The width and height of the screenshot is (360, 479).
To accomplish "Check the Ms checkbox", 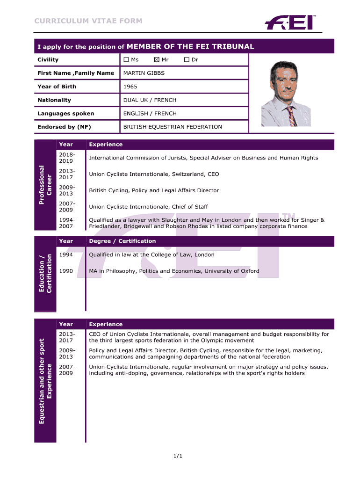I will coord(126,60).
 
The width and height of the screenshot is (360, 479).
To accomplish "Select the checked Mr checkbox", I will coord(157,60).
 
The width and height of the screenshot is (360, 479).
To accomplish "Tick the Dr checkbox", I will coord(187,60).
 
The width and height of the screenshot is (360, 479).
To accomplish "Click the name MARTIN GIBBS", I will coord(144,73).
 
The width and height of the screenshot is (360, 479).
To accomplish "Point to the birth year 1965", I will coord(130,87).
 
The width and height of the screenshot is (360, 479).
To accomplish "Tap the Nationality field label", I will coord(54,100).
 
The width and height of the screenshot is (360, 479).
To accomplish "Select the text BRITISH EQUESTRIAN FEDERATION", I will coord(173,127).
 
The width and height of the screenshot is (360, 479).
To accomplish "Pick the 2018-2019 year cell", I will coord(66,158).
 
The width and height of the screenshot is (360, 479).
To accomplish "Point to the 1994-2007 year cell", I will coord(66,223).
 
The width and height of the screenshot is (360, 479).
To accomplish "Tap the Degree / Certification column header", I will coord(122,241).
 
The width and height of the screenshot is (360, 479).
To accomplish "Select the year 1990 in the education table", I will coord(66,271).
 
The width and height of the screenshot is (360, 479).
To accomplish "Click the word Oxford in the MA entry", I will coord(247,271).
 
